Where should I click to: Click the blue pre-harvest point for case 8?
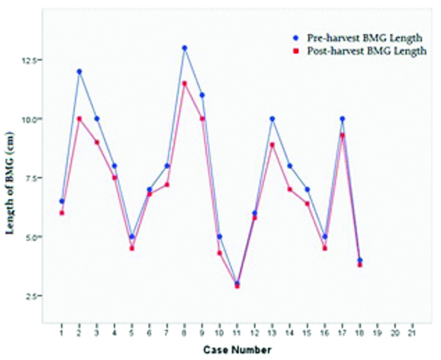tap(184, 48)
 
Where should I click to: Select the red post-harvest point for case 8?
tap(184, 83)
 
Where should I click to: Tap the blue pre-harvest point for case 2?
tap(79, 71)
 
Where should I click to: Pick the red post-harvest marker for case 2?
tap(79, 119)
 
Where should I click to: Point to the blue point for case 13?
tap(272, 119)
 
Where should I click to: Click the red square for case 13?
tap(272, 145)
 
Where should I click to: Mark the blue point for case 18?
tap(360, 260)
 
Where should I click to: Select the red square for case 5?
tap(131, 248)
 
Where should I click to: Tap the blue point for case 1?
tap(61, 202)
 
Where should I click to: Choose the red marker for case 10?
tap(219, 253)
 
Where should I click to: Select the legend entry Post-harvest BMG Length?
tap(360, 51)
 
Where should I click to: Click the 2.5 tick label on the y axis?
tap(31, 296)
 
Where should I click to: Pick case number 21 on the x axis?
tap(412, 332)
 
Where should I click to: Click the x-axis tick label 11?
tap(237, 332)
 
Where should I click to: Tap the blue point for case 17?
tap(342, 119)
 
